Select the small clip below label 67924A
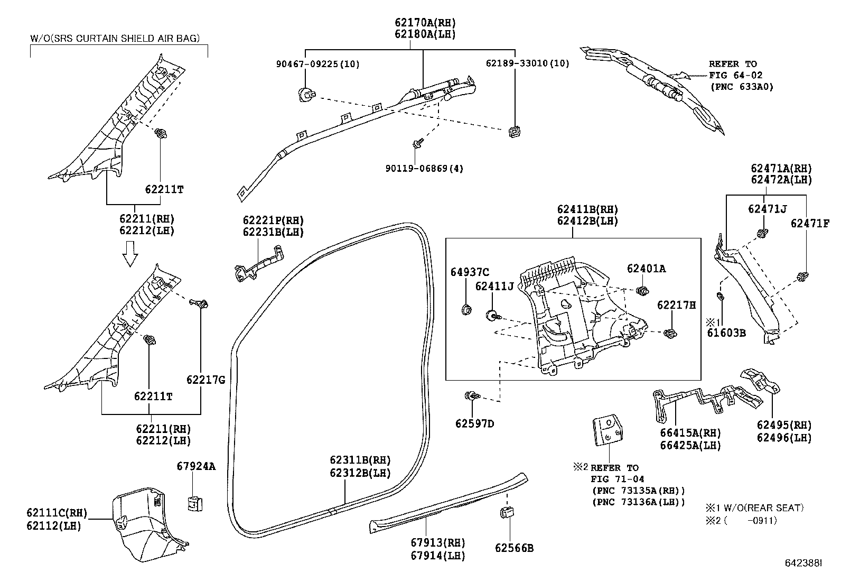point(195,503)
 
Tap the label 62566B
point(514,548)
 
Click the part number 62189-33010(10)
point(527,63)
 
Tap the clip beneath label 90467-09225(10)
point(305,95)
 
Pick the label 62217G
point(205,380)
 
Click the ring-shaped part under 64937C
point(466,309)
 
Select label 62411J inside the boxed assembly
point(494,286)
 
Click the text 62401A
point(646,269)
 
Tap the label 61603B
point(727,333)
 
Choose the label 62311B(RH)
point(360,460)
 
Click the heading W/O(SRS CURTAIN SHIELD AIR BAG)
point(115,38)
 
